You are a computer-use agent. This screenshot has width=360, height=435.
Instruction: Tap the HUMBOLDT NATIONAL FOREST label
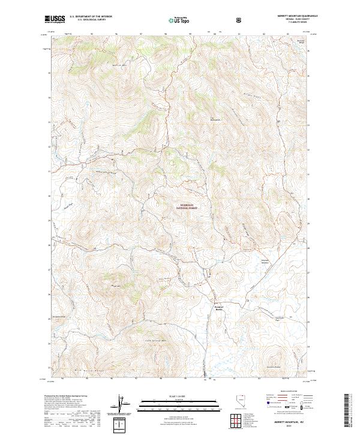187,205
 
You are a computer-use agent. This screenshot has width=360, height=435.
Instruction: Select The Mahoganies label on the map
214,118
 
